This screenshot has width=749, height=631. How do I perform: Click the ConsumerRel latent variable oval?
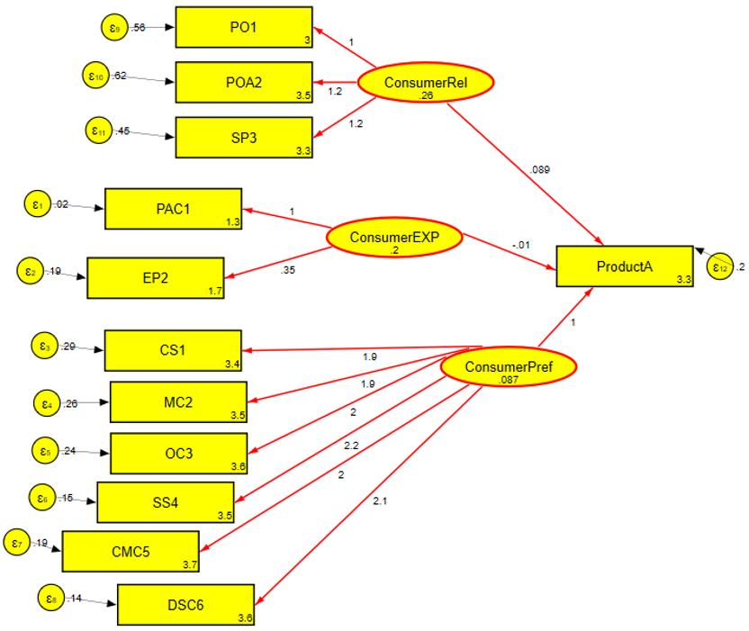click(x=426, y=84)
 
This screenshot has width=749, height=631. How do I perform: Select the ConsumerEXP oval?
click(x=393, y=238)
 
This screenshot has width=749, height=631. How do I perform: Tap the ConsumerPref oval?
click(x=508, y=367)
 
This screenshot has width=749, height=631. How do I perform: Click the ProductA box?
click(x=625, y=266)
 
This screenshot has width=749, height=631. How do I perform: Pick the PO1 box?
click(x=243, y=28)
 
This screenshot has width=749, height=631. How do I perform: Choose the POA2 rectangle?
click(x=243, y=83)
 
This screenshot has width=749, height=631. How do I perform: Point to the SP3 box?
click(x=243, y=138)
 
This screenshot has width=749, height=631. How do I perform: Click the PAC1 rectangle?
click(x=173, y=210)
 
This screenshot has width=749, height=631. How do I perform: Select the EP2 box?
click(x=154, y=278)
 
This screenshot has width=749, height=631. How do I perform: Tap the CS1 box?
click(x=173, y=350)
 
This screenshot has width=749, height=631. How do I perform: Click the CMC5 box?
click(x=130, y=551)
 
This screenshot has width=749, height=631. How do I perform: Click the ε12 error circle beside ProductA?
click(x=719, y=267)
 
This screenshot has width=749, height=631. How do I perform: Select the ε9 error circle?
click(x=114, y=27)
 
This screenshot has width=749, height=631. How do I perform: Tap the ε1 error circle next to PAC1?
click(x=38, y=204)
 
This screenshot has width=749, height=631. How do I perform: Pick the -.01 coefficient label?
click(x=519, y=245)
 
